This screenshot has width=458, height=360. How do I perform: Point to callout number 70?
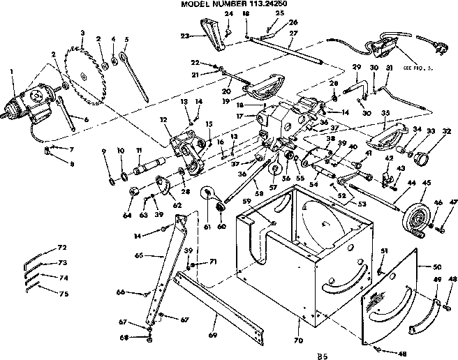click(x=299, y=341)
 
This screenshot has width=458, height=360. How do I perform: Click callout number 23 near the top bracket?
click(x=185, y=36)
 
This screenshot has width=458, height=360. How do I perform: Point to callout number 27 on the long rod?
click(x=294, y=33)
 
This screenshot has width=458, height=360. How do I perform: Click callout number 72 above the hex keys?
click(x=62, y=248)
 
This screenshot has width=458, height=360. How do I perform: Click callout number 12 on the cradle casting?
click(x=163, y=120)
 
